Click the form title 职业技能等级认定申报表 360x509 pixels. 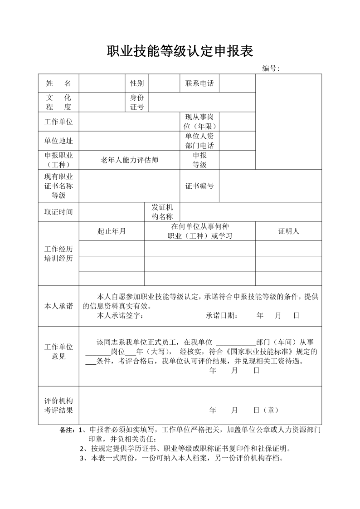[x=180, y=51]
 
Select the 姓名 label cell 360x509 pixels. [x=58, y=83]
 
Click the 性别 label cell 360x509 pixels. [x=137, y=83]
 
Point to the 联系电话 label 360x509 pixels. [x=199, y=83]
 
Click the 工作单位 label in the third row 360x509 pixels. [x=58, y=122]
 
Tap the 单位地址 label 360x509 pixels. [x=58, y=141]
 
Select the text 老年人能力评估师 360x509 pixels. [x=129, y=160]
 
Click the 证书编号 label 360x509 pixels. [x=199, y=186]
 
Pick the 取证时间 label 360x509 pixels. [x=58, y=212]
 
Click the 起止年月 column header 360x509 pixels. [x=112, y=231]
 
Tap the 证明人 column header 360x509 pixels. [x=288, y=231]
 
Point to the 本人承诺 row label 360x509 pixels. [x=58, y=306]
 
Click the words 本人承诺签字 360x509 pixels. [x=120, y=316]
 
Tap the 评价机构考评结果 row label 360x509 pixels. [x=58, y=405]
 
